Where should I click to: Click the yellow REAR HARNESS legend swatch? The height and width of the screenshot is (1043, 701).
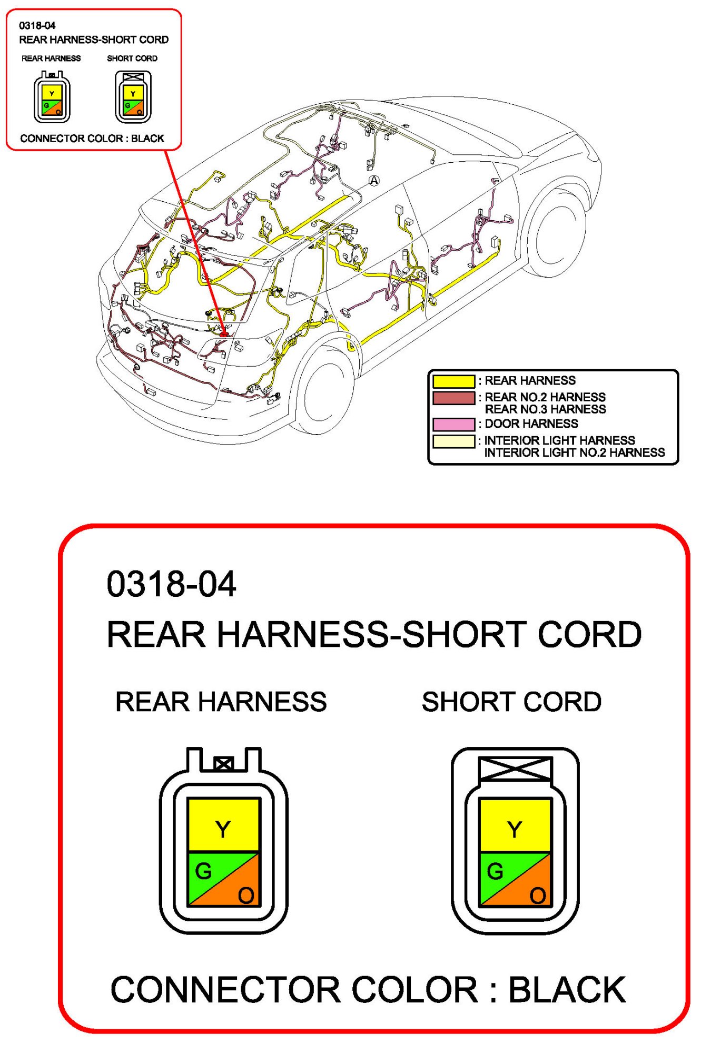click(453, 381)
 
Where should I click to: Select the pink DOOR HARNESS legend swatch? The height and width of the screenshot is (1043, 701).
click(453, 424)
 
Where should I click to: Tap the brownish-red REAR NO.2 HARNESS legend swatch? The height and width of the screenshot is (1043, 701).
click(453, 398)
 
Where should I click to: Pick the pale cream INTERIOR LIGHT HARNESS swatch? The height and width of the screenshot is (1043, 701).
click(453, 441)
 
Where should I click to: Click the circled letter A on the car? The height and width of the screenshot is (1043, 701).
click(373, 181)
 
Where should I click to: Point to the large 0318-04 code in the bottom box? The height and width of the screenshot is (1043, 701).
click(171, 584)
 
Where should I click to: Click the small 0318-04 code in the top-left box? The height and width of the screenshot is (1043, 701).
click(37, 25)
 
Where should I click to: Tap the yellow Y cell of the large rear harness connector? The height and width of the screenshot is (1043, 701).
click(223, 825)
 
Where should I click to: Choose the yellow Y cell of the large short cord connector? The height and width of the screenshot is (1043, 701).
click(515, 825)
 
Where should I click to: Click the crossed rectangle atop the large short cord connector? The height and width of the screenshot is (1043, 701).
click(515, 770)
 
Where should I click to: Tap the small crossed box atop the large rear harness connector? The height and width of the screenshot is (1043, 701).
click(223, 764)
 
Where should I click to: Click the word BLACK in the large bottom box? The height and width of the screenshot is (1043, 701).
click(567, 990)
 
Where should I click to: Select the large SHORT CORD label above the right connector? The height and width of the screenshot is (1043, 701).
click(511, 702)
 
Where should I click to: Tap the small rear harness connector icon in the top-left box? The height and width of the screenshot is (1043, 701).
click(52, 97)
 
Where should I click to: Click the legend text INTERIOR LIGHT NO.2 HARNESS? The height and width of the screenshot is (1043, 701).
click(574, 452)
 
